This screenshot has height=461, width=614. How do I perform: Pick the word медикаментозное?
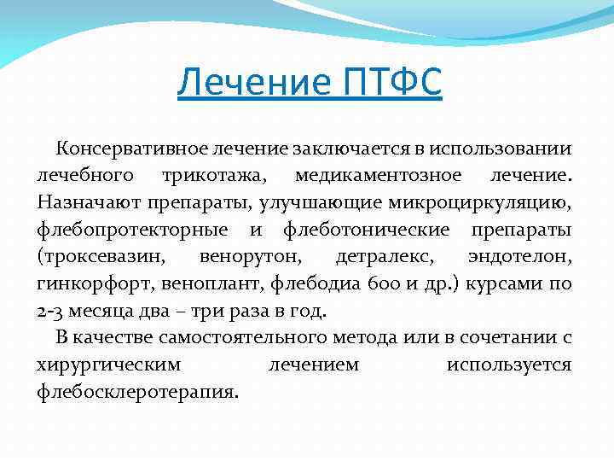point(390,176)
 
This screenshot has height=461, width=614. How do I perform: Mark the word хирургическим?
point(108,365)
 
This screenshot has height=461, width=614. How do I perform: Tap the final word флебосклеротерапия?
point(138,392)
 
